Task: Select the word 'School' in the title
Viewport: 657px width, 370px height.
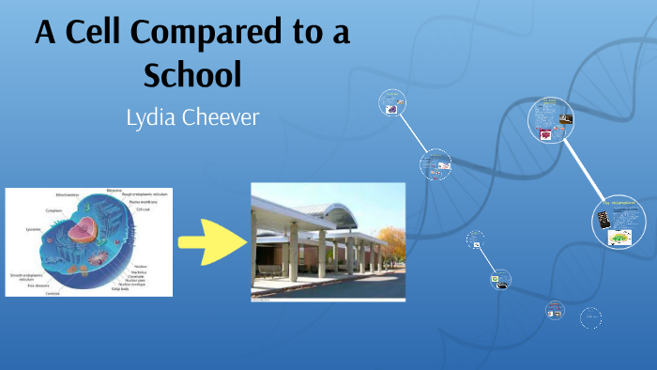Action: (x=193, y=73)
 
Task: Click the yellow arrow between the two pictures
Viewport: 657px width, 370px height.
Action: (x=211, y=242)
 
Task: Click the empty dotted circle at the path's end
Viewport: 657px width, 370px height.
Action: (x=590, y=319)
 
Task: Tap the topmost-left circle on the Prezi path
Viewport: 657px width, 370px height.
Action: (x=391, y=103)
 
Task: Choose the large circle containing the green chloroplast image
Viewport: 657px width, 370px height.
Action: (x=613, y=225)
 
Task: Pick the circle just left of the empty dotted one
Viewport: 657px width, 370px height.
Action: (x=556, y=311)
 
